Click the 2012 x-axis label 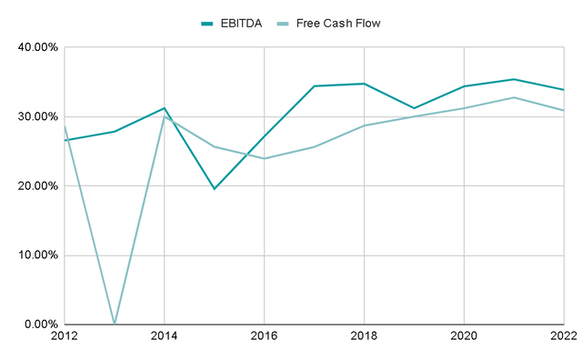point(65,337)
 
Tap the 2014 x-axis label point(164,337)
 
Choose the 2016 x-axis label point(264,337)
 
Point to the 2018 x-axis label point(364,337)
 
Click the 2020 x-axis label point(464,337)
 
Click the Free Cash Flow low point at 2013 point(115,323)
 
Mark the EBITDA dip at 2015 point(214,188)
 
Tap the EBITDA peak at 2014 point(164,108)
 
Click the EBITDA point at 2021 point(514,79)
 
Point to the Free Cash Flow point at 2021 point(514,97)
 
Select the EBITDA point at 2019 point(414,108)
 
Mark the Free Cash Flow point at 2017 point(314,146)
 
